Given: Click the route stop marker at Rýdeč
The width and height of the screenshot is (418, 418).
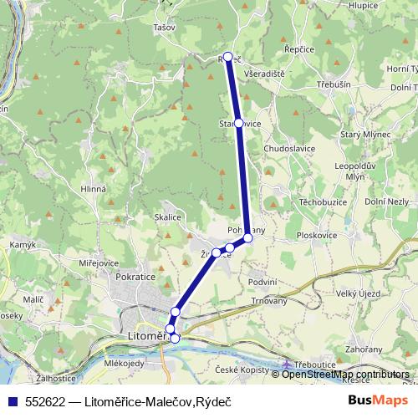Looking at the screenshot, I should click(227, 57).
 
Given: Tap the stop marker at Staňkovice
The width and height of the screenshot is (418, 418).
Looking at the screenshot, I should click(239, 123).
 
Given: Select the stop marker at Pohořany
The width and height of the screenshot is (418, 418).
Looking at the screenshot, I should click(247, 238).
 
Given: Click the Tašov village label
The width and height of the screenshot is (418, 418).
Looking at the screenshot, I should click(164, 27).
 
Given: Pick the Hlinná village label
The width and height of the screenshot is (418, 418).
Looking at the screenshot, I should click(94, 189).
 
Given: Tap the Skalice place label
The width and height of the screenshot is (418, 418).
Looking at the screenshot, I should click(168, 217).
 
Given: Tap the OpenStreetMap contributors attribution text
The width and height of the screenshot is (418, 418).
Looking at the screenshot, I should click(346, 374).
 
